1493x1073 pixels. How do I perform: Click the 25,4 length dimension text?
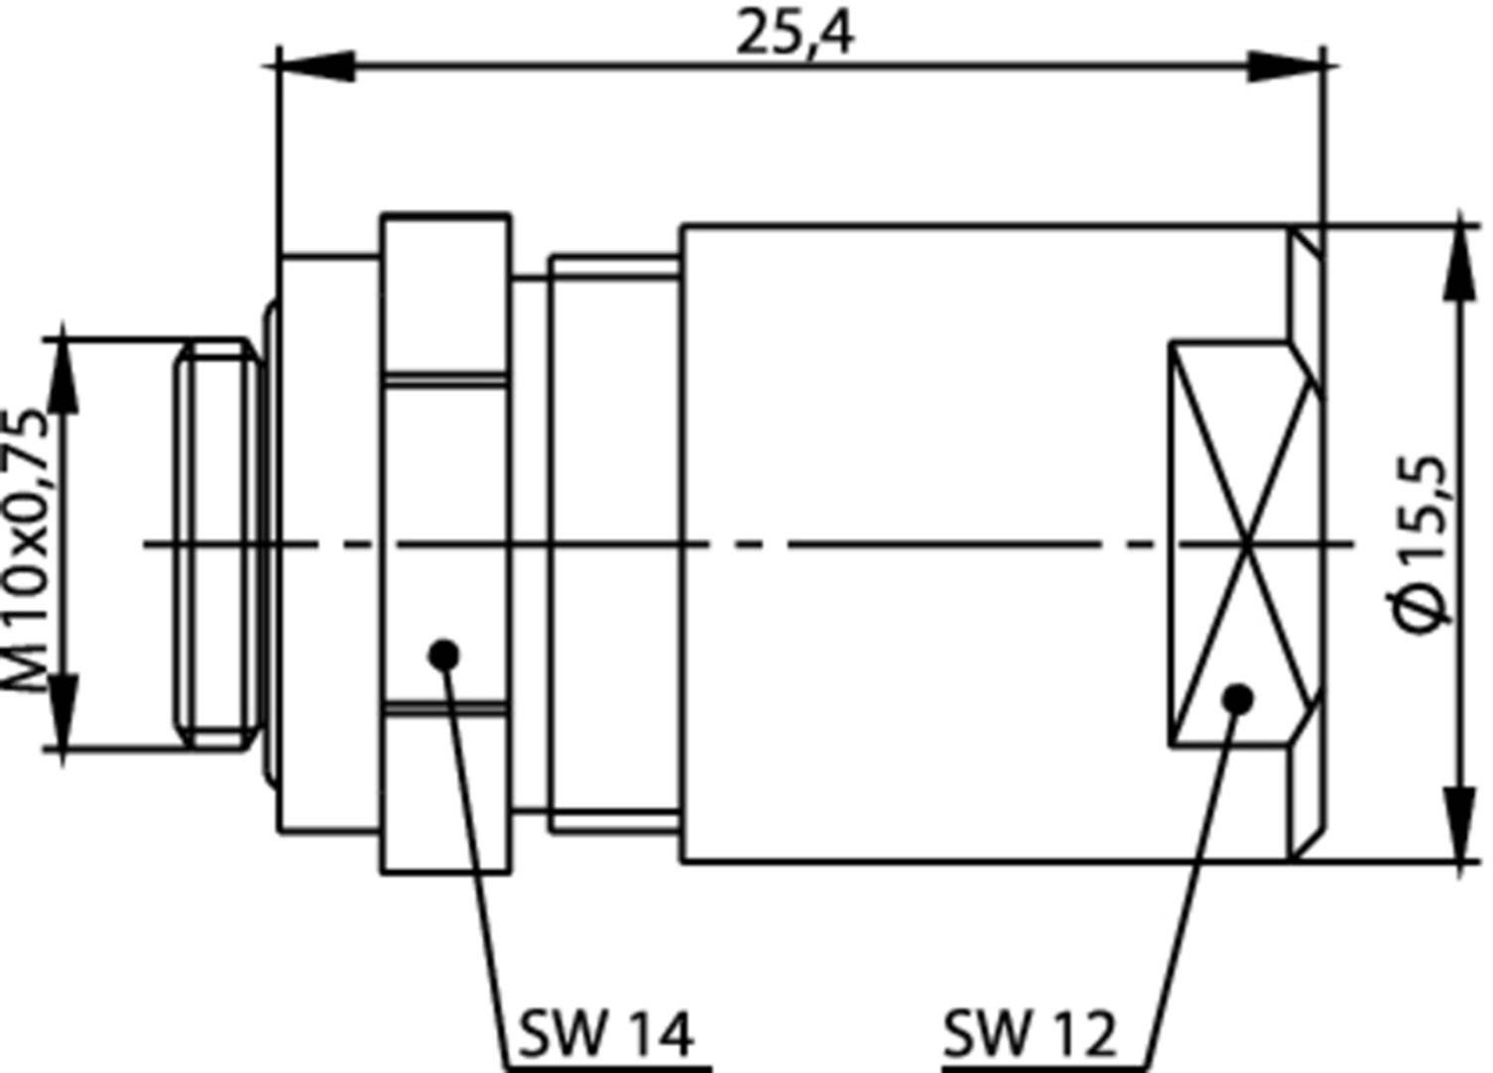click(x=794, y=36)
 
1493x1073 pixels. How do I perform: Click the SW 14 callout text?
click(x=604, y=1035)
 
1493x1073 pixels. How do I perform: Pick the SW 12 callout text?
click(x=1029, y=1035)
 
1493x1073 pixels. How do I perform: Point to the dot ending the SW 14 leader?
click(x=444, y=655)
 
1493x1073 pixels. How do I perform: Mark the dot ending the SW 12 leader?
click(x=1237, y=700)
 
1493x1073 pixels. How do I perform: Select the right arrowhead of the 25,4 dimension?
click(x=1286, y=67)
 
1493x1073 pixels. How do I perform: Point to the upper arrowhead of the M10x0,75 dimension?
click(x=62, y=375)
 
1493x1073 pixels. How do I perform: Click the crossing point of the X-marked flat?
click(x=1246, y=543)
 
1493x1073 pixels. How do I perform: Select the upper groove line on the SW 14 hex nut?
click(x=446, y=378)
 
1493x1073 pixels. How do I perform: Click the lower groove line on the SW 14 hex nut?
click(x=446, y=708)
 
